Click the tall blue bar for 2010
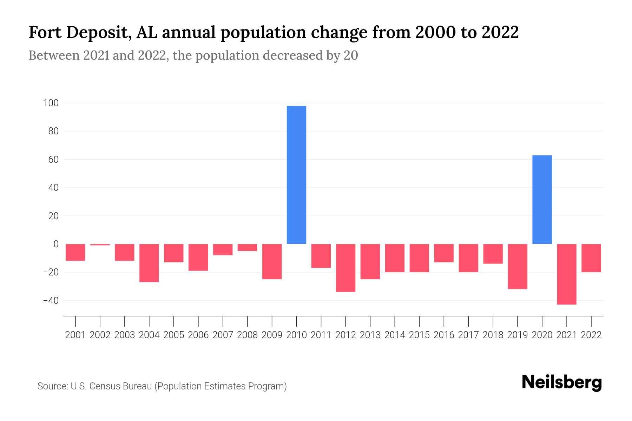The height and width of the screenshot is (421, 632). [296, 175]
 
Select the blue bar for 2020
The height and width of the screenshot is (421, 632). [542, 199]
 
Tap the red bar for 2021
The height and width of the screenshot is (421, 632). [566, 274]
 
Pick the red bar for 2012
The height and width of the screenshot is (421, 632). [345, 268]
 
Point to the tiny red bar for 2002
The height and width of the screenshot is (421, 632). [100, 245]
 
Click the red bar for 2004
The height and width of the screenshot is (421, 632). [149, 263]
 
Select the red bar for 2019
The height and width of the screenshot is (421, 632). [517, 266]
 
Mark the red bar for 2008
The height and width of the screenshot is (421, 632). [247, 247]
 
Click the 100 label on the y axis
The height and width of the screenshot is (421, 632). [51, 103]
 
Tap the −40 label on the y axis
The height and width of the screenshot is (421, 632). [51, 301]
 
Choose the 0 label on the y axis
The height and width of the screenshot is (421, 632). [56, 244]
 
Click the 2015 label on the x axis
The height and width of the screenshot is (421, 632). [419, 335]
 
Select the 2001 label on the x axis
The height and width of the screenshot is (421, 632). [75, 335]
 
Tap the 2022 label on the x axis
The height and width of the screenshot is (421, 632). [591, 335]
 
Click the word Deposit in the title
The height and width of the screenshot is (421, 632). [99, 33]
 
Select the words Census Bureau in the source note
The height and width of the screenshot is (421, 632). [120, 386]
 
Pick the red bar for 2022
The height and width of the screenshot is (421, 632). [591, 258]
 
